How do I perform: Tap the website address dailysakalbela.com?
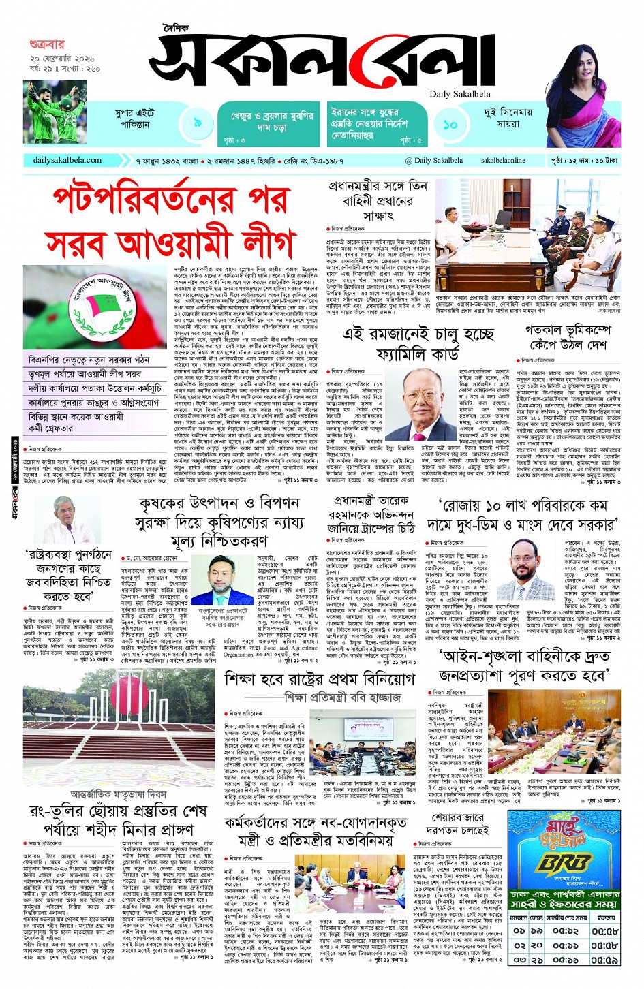67,160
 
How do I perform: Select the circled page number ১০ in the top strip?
450,125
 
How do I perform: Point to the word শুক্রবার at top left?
46,45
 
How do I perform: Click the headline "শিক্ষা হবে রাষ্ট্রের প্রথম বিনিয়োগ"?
320,678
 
